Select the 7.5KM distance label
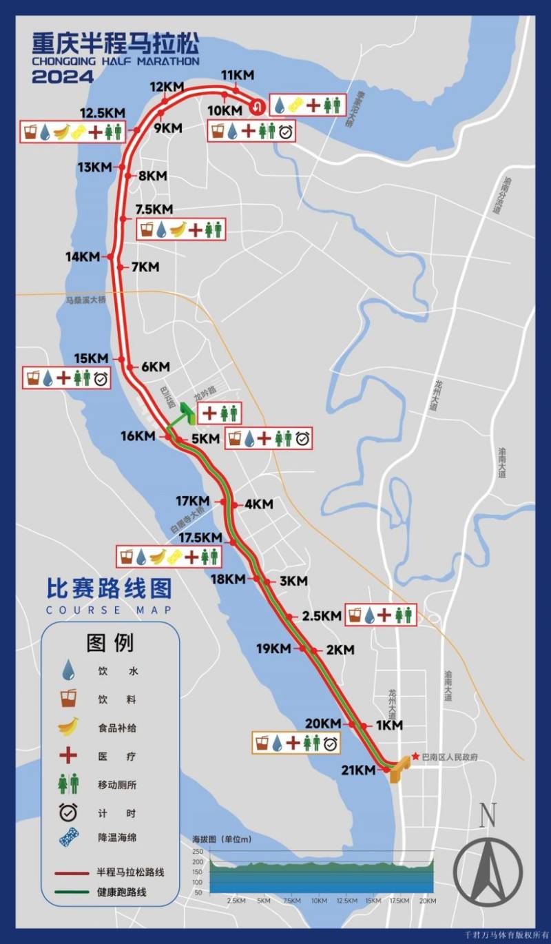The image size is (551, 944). pos(154,209)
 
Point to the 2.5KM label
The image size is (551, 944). pos(322,615)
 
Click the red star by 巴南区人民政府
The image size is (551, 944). pos(415,757)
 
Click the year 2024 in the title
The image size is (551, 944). pos(63,77)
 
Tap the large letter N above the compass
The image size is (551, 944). pos(488,816)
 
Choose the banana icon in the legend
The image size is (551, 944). pos(68,726)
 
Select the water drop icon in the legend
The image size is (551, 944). pos(68,669)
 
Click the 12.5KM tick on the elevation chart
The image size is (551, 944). pos(347,901)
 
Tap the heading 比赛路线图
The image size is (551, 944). pos(109,588)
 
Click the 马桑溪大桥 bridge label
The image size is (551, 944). pos(86,300)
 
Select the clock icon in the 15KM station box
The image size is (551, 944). pos(101,378)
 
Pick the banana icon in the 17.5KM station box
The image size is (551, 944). pos(158,556)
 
